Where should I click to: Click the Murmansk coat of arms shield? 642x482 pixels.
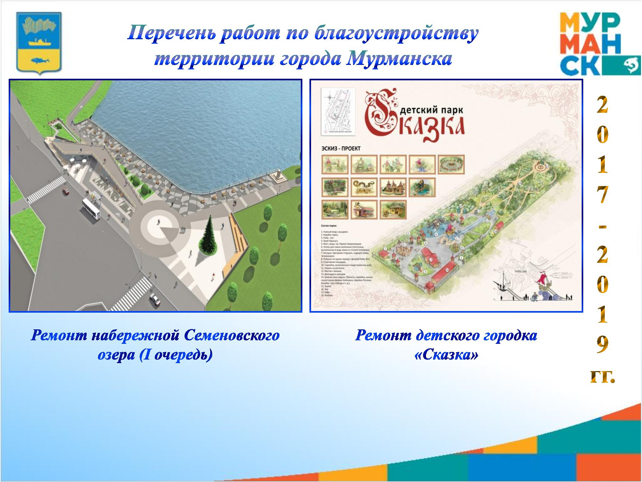(x=39, y=43)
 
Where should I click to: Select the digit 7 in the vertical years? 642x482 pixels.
(x=603, y=195)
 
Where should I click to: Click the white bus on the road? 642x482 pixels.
(x=91, y=209)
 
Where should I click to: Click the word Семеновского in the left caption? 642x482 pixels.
(x=232, y=335)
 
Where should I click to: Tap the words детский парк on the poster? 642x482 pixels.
(x=431, y=110)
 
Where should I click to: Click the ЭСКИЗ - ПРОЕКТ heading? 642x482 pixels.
(x=341, y=148)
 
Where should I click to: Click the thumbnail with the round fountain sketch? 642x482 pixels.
(x=451, y=165)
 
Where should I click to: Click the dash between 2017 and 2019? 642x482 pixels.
(x=603, y=227)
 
